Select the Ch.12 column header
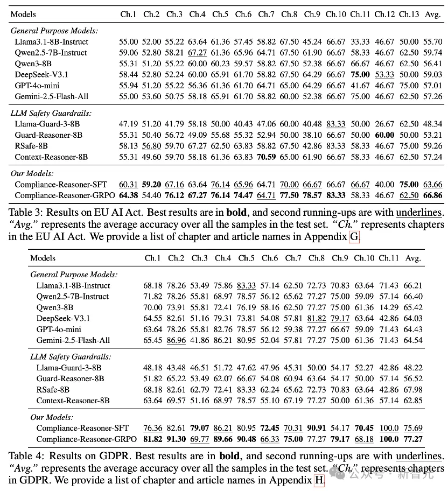click(x=384, y=14)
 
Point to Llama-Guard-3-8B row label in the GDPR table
click(x=69, y=368)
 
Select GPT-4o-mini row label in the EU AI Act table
click(x=37, y=86)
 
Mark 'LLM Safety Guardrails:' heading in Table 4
click(x=71, y=357)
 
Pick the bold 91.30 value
click(x=176, y=439)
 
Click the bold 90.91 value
click(x=317, y=428)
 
